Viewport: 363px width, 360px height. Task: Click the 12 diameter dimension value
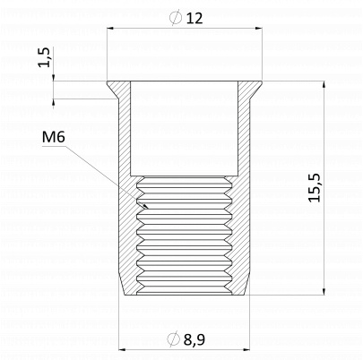[194, 18]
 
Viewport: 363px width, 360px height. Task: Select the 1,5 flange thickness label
[45, 57]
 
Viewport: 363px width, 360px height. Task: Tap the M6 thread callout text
[54, 137]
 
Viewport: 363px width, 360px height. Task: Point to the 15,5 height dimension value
[315, 188]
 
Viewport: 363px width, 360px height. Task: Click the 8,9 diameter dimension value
[194, 339]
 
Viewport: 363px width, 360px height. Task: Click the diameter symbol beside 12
[176, 18]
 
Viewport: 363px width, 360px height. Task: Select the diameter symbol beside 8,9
[173, 339]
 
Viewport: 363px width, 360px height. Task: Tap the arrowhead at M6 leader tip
[145, 205]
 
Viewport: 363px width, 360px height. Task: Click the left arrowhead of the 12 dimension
[110, 29]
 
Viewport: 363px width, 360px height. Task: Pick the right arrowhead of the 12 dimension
[258, 29]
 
